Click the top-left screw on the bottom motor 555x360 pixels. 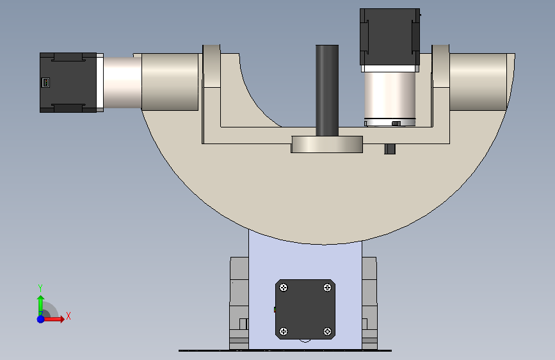tap(284, 288)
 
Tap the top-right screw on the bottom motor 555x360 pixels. tap(327, 288)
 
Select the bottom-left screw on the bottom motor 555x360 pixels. tap(284, 331)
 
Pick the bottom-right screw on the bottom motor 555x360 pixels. tap(327, 331)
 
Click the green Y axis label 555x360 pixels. tap(40, 288)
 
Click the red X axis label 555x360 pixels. tap(68, 316)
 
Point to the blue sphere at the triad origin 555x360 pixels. tap(41, 319)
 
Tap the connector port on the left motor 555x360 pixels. tap(45, 83)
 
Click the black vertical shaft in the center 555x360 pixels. tap(327, 90)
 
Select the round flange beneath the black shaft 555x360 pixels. tap(326, 144)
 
